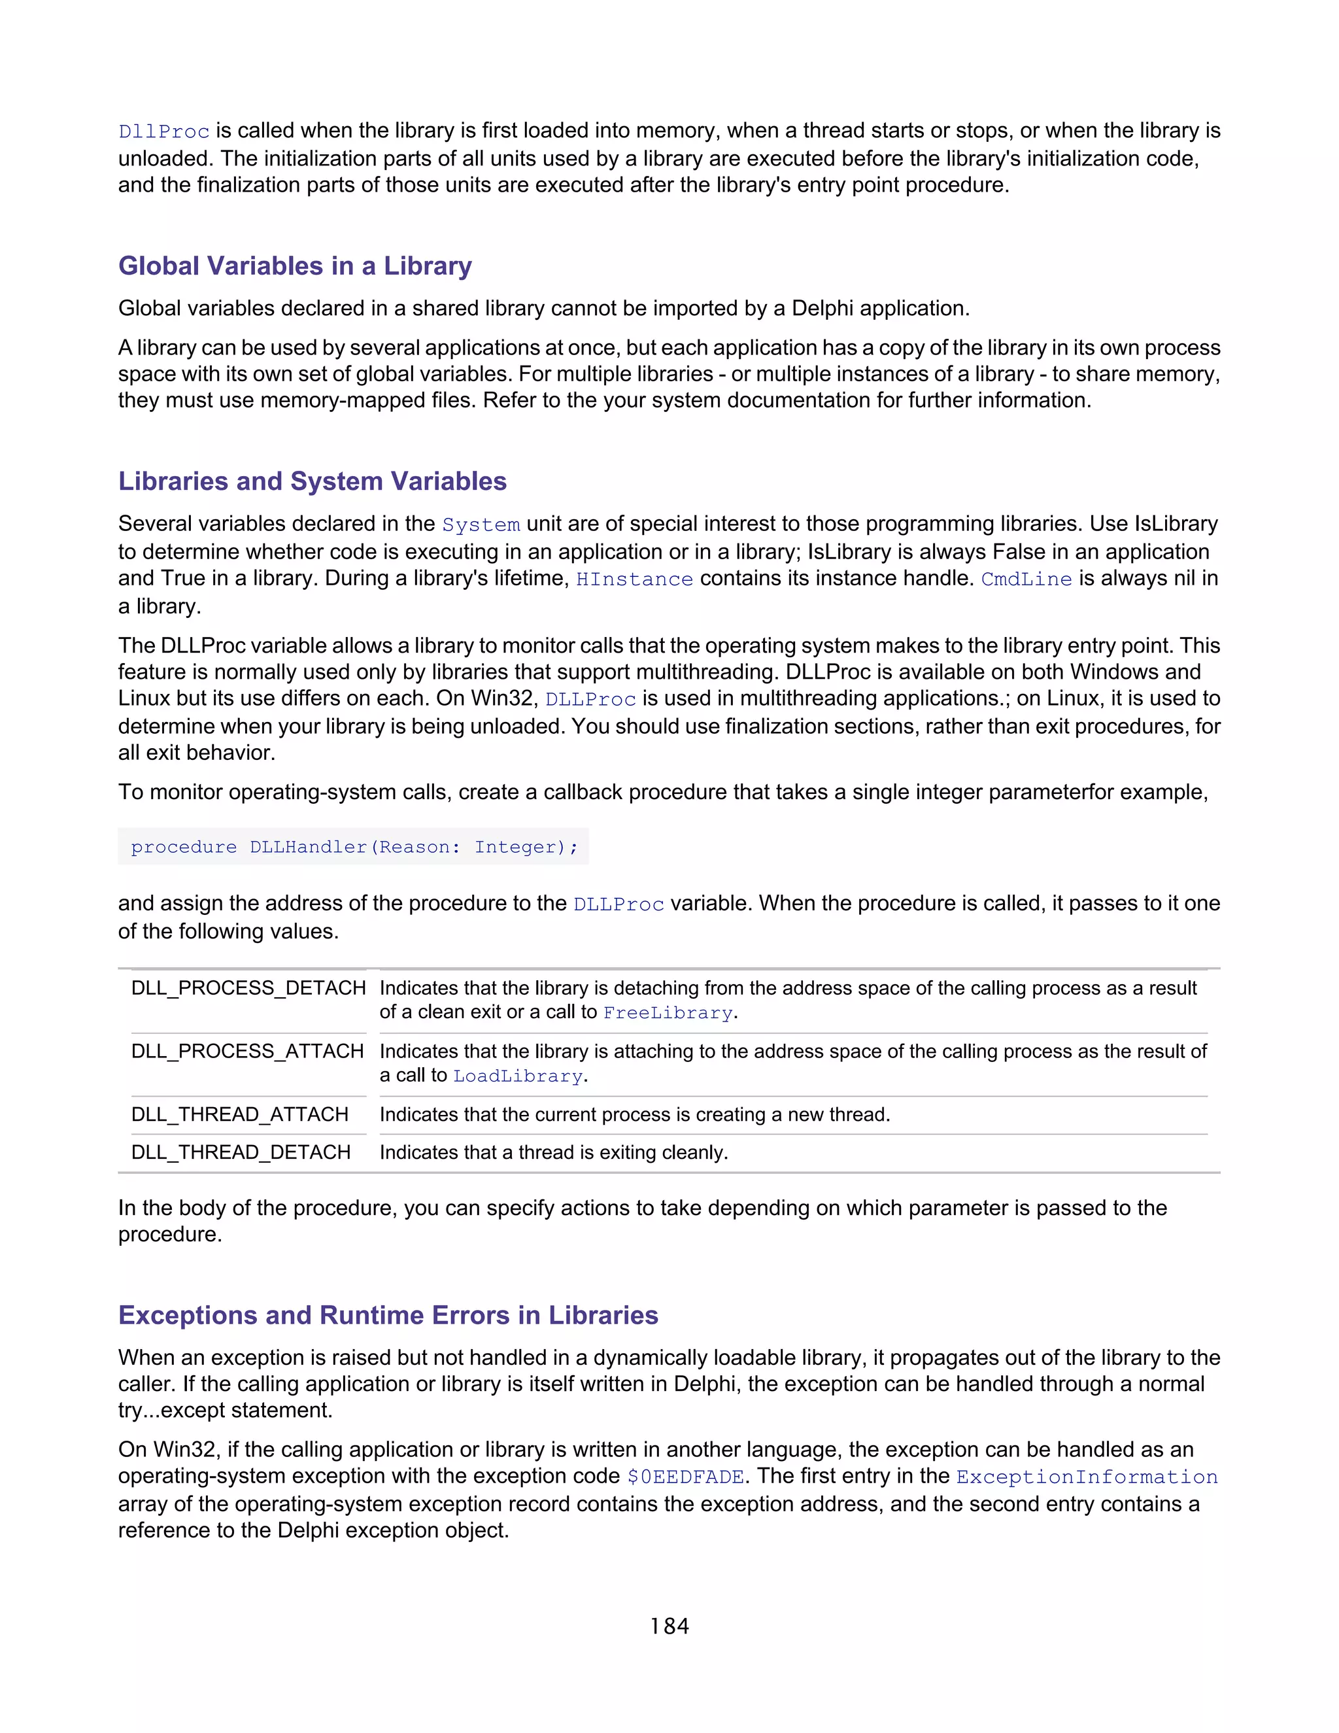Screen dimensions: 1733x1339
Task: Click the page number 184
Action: (669, 1626)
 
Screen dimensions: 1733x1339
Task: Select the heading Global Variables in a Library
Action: (294, 266)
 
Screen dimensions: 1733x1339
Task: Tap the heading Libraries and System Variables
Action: (312, 481)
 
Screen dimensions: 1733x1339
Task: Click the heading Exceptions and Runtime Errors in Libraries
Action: (388, 1315)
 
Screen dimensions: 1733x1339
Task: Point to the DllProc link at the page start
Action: (163, 131)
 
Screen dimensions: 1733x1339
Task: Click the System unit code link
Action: (481, 524)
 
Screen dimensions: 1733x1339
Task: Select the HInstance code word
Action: (634, 579)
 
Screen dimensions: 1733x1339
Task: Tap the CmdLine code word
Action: (1026, 579)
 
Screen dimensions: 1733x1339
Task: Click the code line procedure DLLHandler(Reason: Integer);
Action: (354, 847)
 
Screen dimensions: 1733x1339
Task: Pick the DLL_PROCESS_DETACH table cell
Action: (248, 988)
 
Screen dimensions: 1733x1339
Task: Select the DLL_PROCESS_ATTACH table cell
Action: (248, 1052)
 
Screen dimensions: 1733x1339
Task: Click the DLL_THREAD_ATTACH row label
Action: (239, 1115)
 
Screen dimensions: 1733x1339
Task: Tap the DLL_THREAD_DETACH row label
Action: (241, 1152)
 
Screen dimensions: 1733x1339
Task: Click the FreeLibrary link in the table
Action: (667, 1012)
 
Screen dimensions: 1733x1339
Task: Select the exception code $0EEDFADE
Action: (685, 1477)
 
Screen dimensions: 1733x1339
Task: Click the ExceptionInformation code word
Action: (1086, 1477)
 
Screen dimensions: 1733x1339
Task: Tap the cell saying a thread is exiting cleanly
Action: (553, 1152)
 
